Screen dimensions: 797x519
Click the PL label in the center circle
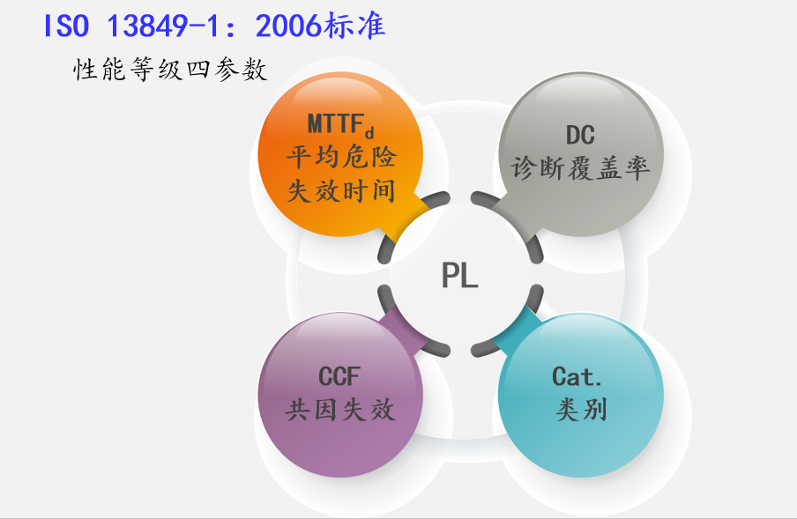(459, 276)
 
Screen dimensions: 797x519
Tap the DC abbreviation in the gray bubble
(580, 135)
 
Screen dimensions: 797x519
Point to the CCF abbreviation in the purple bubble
(339, 377)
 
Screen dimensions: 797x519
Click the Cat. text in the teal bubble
(577, 377)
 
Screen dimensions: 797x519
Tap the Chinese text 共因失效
(340, 410)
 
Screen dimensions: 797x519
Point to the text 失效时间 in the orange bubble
(340, 190)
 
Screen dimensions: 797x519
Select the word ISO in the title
(67, 26)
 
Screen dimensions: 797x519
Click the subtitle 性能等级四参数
(170, 70)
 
